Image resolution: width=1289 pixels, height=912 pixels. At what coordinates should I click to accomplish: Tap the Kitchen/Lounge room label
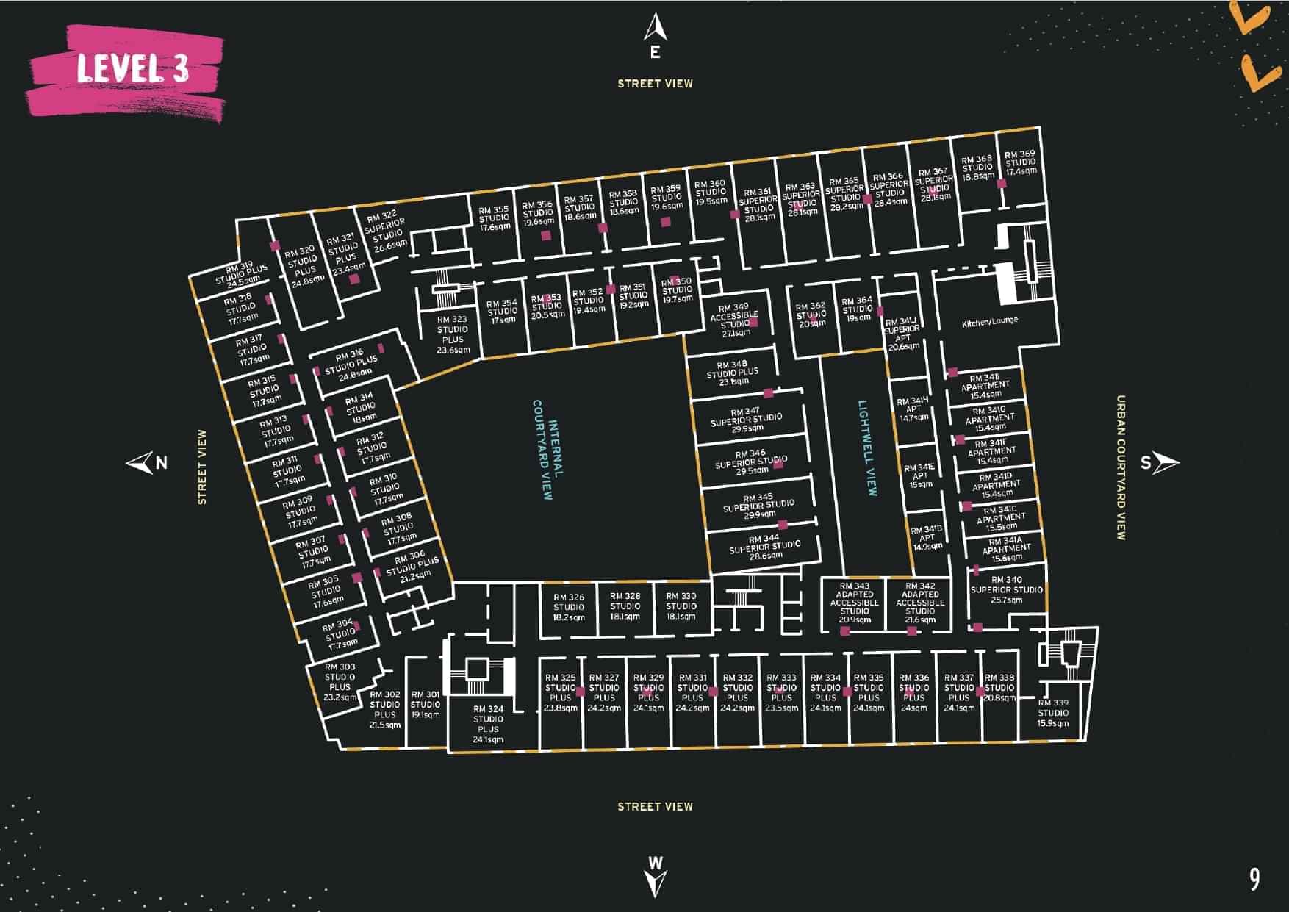pos(989,322)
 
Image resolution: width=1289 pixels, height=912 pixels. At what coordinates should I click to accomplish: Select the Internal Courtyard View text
pos(547,450)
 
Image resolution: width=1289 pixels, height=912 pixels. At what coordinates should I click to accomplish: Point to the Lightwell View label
pos(868,448)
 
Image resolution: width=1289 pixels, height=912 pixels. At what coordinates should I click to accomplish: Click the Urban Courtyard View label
pos(1121,468)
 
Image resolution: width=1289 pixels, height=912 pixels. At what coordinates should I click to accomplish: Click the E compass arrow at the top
pos(655,29)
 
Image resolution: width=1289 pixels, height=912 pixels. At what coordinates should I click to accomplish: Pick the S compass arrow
pos(1166,463)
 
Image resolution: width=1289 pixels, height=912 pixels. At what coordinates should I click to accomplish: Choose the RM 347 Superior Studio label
pos(746,419)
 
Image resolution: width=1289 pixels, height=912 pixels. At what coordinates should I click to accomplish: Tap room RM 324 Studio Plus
pos(488,724)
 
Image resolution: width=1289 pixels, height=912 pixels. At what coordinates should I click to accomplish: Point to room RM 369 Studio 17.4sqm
pos(1021,163)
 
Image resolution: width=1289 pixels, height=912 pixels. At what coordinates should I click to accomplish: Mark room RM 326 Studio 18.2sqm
pos(569,607)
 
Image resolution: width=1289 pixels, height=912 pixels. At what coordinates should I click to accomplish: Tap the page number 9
pos(1254,879)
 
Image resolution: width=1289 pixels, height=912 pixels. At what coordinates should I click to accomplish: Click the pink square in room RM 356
pos(546,236)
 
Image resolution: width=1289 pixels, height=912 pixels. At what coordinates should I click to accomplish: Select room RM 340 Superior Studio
pos(1006,589)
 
